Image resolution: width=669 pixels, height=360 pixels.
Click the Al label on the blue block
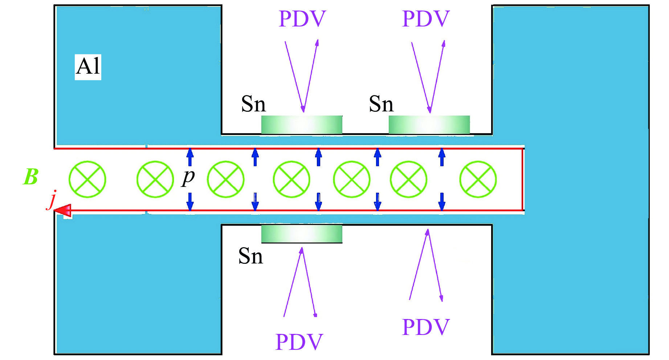pyautogui.click(x=88, y=67)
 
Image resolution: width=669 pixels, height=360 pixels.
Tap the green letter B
pyautogui.click(x=31, y=177)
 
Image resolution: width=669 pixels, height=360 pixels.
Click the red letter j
pyautogui.click(x=53, y=200)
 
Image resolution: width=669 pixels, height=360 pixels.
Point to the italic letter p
pyautogui.click(x=188, y=177)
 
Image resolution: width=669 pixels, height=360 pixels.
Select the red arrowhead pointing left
pyautogui.click(x=64, y=210)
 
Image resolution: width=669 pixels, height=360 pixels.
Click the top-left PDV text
pyautogui.click(x=302, y=19)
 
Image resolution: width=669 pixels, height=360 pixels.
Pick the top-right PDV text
pyautogui.click(x=426, y=19)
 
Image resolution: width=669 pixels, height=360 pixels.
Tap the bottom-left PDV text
pyautogui.click(x=299, y=342)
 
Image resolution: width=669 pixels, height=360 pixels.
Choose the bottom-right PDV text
pyautogui.click(x=426, y=327)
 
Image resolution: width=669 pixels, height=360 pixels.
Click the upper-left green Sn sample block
pyautogui.click(x=302, y=125)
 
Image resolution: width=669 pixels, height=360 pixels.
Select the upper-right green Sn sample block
pyautogui.click(x=429, y=125)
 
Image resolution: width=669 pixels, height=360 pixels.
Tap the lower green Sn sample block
pyautogui.click(x=302, y=234)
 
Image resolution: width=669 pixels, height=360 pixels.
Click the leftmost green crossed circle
pyautogui.click(x=87, y=179)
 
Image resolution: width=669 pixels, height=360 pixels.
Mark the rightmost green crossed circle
pyautogui.click(x=478, y=179)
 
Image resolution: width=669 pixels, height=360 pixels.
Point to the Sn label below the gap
pyautogui.click(x=250, y=256)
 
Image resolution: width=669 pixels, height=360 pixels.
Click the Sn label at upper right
pyautogui.click(x=381, y=104)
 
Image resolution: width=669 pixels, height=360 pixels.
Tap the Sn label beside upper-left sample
pyautogui.click(x=253, y=104)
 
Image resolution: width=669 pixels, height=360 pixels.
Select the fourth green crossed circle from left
pyautogui.click(x=291, y=179)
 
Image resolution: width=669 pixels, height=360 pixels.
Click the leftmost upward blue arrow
pyautogui.click(x=190, y=157)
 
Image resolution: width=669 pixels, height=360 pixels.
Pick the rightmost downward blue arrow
pyautogui.click(x=442, y=202)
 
